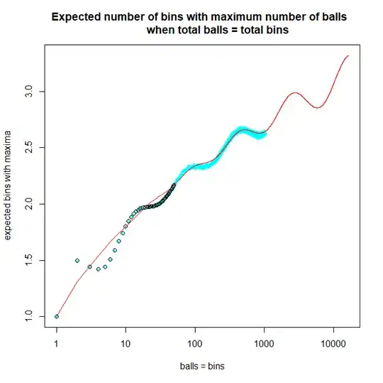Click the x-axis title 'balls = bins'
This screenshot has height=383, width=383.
(201, 367)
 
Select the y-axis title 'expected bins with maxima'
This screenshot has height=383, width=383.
(9, 185)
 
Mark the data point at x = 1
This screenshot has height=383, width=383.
(57, 316)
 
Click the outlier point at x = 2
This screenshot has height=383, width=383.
(77, 260)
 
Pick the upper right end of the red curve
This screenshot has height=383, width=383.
(348, 55)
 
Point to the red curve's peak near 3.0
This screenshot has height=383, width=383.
(294, 92)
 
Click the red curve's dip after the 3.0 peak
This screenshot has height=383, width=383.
(318, 108)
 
